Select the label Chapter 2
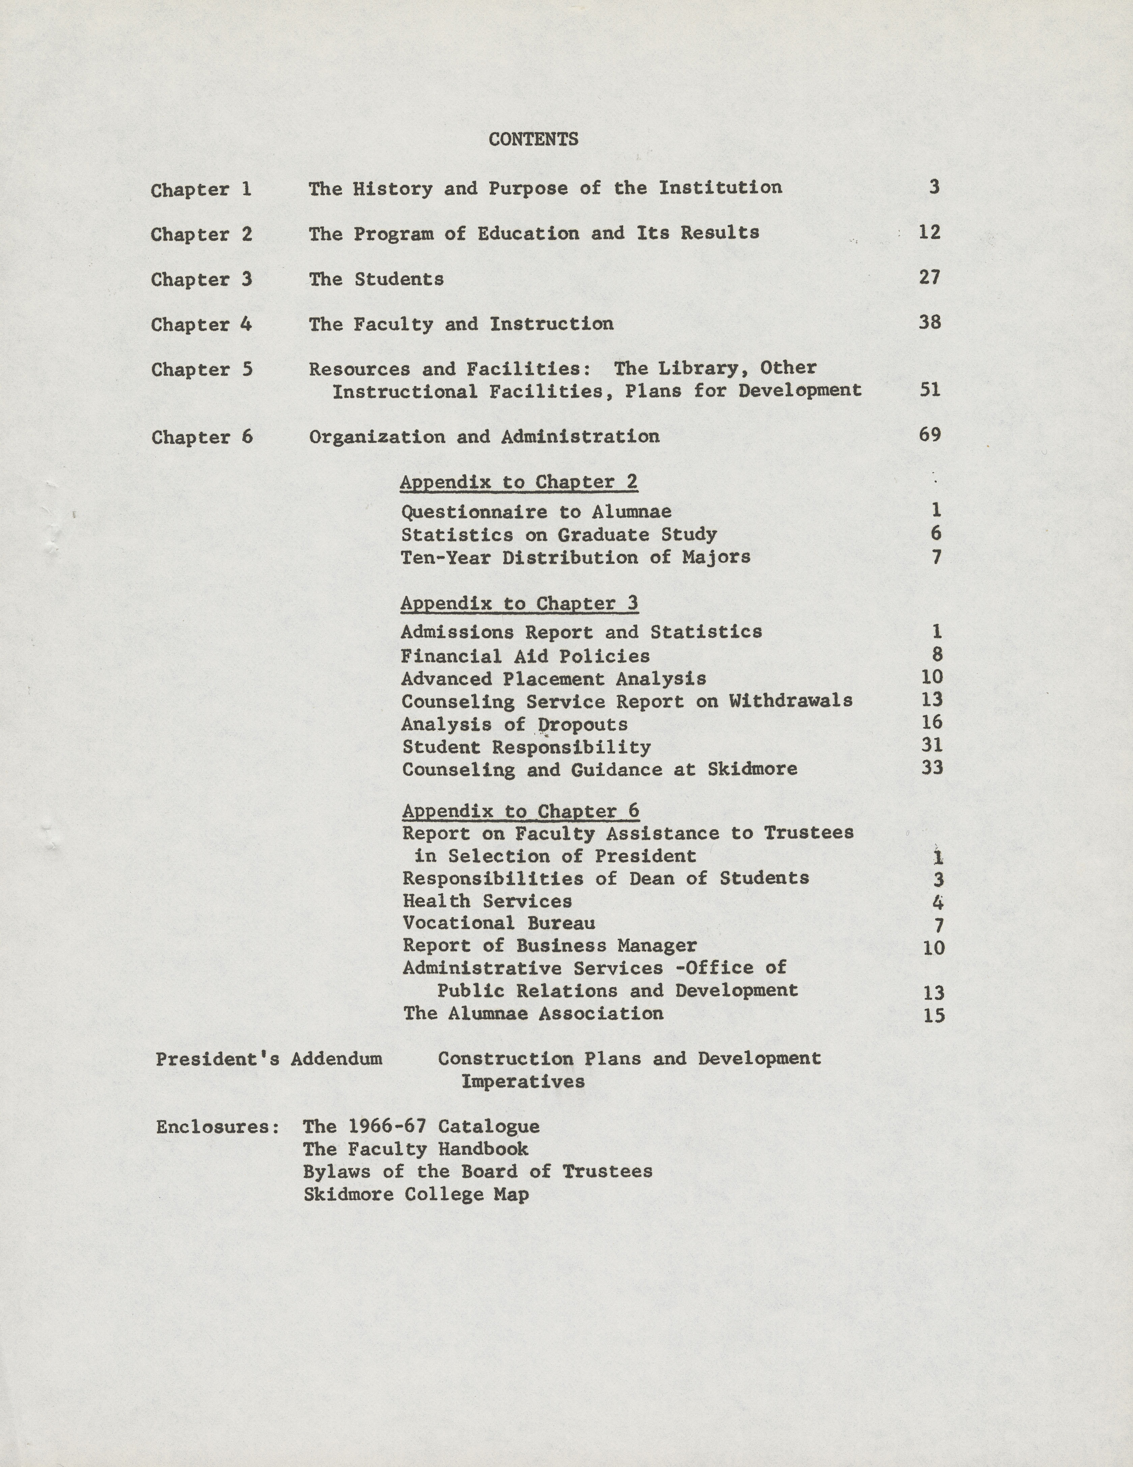(x=201, y=234)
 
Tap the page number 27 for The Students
(x=930, y=277)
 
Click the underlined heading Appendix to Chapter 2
(x=519, y=482)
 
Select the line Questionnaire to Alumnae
(x=536, y=512)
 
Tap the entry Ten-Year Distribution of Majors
(x=576, y=557)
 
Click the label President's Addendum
(x=269, y=1059)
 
